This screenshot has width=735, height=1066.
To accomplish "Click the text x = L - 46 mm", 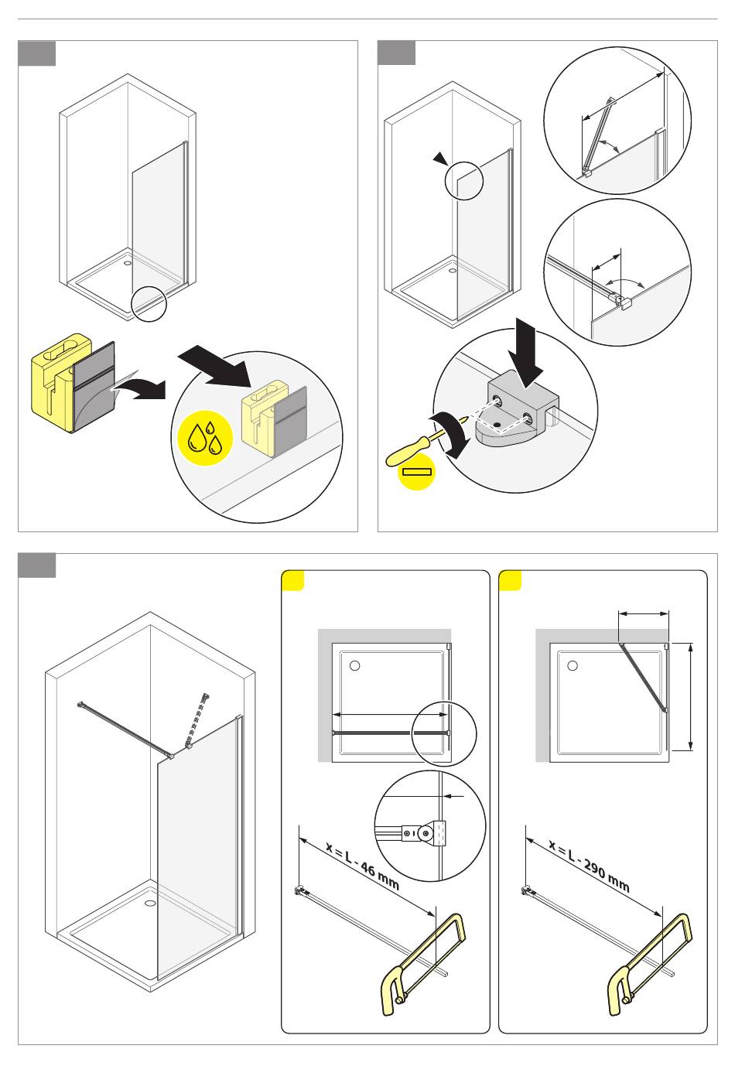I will (x=362, y=866).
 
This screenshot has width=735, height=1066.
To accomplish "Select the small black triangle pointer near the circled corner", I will (x=440, y=159).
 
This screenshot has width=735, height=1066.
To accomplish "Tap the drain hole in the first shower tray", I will (x=128, y=261).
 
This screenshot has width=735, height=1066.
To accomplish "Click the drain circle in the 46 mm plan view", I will (x=354, y=665).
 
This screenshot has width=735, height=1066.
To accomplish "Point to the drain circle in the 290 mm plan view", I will (x=573, y=665).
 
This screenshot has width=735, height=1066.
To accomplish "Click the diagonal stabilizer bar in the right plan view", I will (x=643, y=676).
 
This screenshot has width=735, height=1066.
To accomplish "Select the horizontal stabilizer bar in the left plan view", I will (x=387, y=732).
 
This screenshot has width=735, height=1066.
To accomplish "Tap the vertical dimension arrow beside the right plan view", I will (x=691, y=696).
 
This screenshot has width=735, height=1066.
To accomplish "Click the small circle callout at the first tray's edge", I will (x=149, y=303).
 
